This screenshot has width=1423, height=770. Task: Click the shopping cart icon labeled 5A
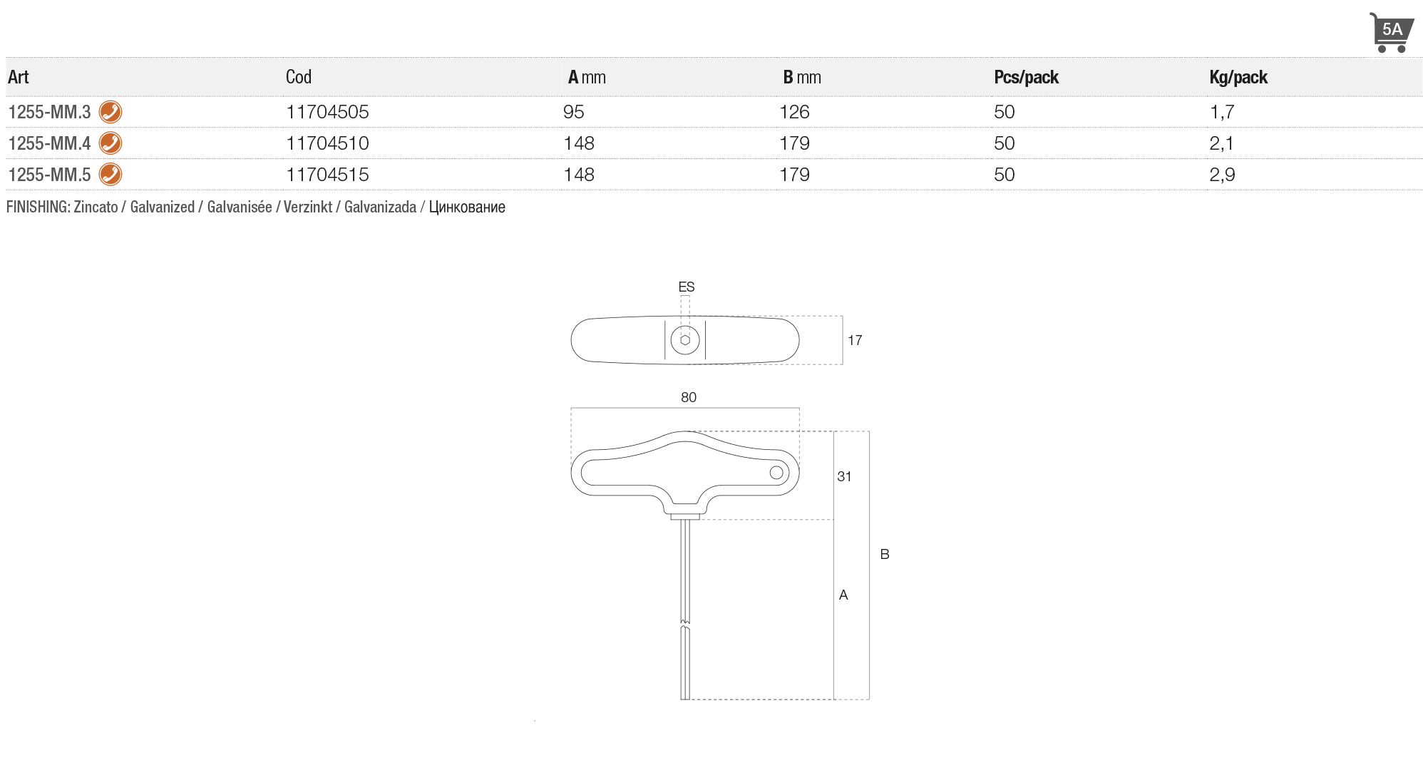(x=1391, y=32)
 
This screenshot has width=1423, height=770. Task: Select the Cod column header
(x=299, y=77)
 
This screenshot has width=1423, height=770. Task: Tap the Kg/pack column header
(x=1238, y=77)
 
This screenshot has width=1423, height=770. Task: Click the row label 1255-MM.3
(x=49, y=112)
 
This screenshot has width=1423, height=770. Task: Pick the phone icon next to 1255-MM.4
(x=111, y=143)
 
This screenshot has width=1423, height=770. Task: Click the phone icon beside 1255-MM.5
(x=111, y=175)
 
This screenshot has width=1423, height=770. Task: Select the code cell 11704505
(x=327, y=112)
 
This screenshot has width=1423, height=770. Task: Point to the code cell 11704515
(x=327, y=175)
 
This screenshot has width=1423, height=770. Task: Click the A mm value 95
(x=574, y=112)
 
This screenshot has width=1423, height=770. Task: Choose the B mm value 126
(x=794, y=112)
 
